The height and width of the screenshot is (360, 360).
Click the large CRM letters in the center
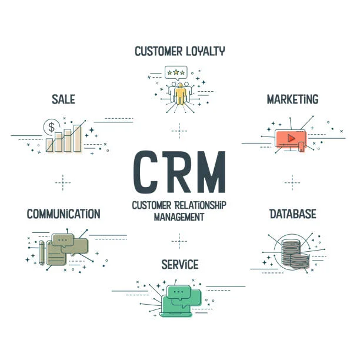pyautogui.click(x=179, y=172)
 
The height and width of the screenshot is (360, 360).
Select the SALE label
pyautogui.click(x=63, y=99)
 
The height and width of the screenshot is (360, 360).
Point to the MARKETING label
pyautogui.click(x=292, y=99)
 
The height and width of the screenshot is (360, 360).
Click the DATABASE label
pyautogui.click(x=292, y=214)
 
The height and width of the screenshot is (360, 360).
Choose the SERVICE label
pyautogui.click(x=179, y=264)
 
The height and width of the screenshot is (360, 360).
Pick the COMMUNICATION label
pyautogui.click(x=64, y=214)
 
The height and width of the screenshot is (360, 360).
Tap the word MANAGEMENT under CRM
pyautogui.click(x=179, y=216)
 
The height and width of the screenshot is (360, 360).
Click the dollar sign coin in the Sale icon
pyautogui.click(x=52, y=126)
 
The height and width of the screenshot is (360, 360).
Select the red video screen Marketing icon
pyautogui.click(x=289, y=139)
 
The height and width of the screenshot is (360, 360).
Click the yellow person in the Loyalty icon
pyautogui.click(x=179, y=93)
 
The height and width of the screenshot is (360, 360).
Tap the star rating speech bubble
pyautogui.click(x=176, y=72)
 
